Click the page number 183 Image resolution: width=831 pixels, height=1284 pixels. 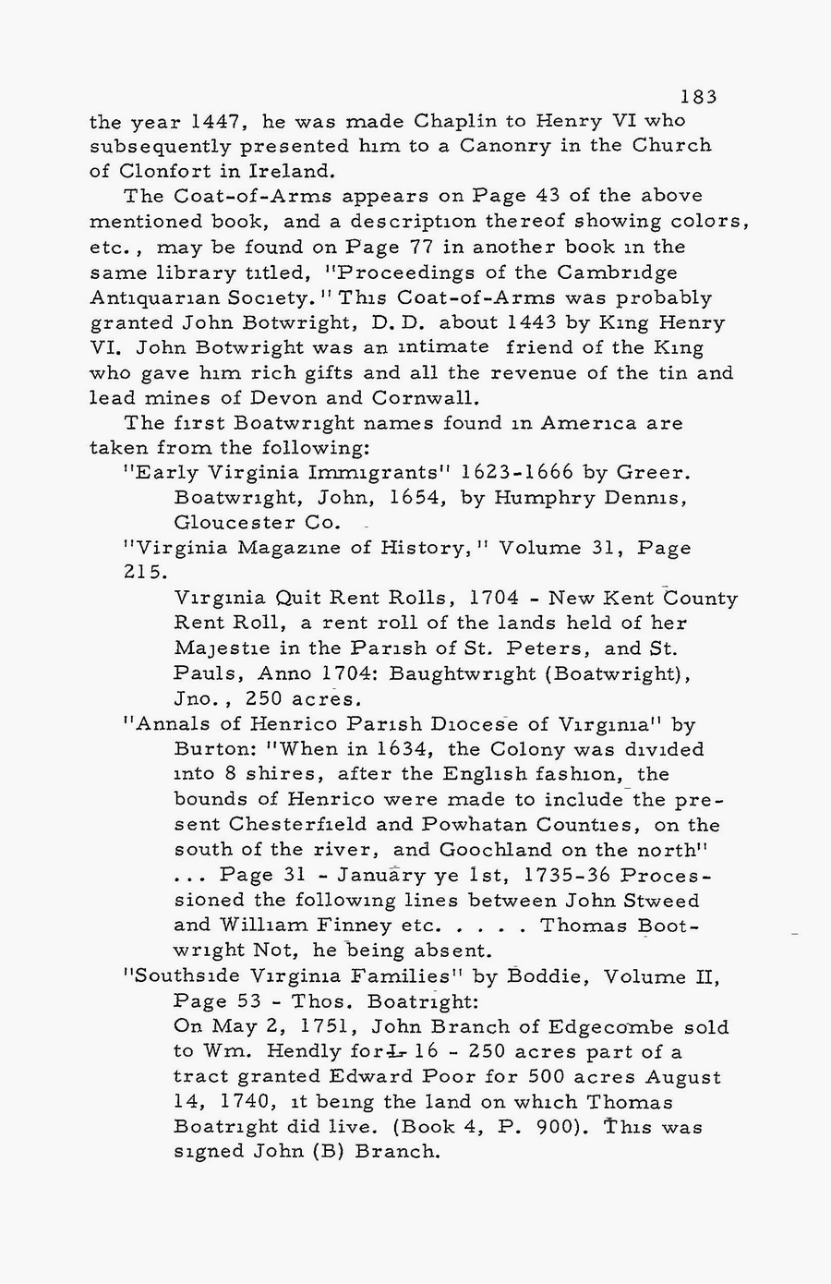click(x=698, y=96)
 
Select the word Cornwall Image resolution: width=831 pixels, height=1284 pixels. click(x=427, y=398)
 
